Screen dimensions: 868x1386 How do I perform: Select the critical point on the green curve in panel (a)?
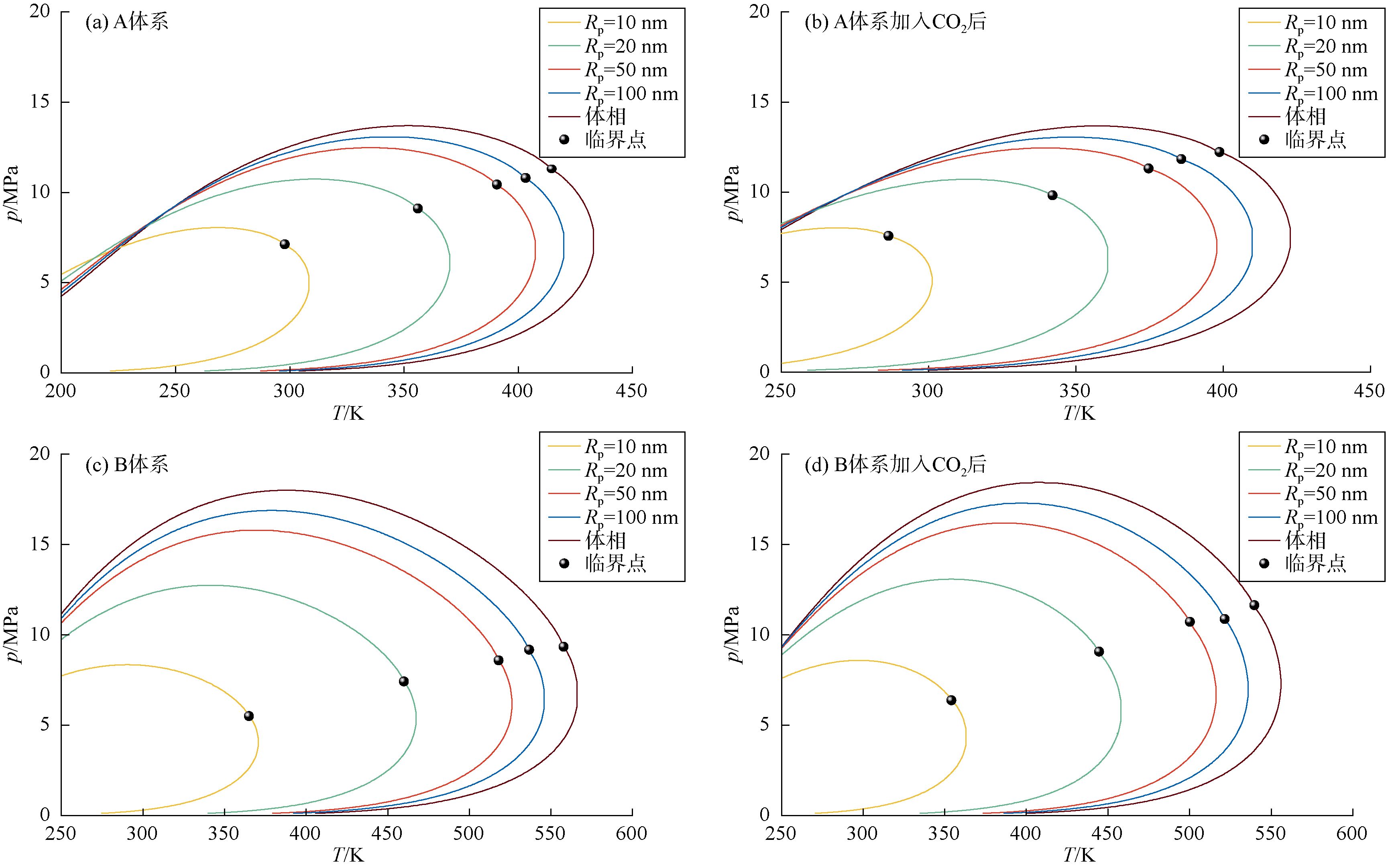pos(417,208)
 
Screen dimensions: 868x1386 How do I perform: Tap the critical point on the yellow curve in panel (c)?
pos(249,716)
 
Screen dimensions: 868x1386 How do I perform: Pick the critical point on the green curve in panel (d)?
pos(1099,652)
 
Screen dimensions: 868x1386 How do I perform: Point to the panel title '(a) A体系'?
pos(127,22)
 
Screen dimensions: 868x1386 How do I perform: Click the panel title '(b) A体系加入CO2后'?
pos(895,22)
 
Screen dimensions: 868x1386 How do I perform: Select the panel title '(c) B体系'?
pos(127,464)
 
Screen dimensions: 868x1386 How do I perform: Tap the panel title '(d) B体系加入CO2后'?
pos(895,464)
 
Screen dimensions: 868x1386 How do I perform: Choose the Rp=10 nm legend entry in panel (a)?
pos(608,23)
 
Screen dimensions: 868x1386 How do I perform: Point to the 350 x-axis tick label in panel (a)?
pos(403,391)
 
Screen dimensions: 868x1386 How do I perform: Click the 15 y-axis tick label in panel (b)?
pos(759,102)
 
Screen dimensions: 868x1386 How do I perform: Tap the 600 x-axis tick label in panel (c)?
pos(631,833)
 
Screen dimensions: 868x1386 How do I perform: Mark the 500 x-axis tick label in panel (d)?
pos(1189,833)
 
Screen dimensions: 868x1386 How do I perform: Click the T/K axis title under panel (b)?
pos(1079,413)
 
